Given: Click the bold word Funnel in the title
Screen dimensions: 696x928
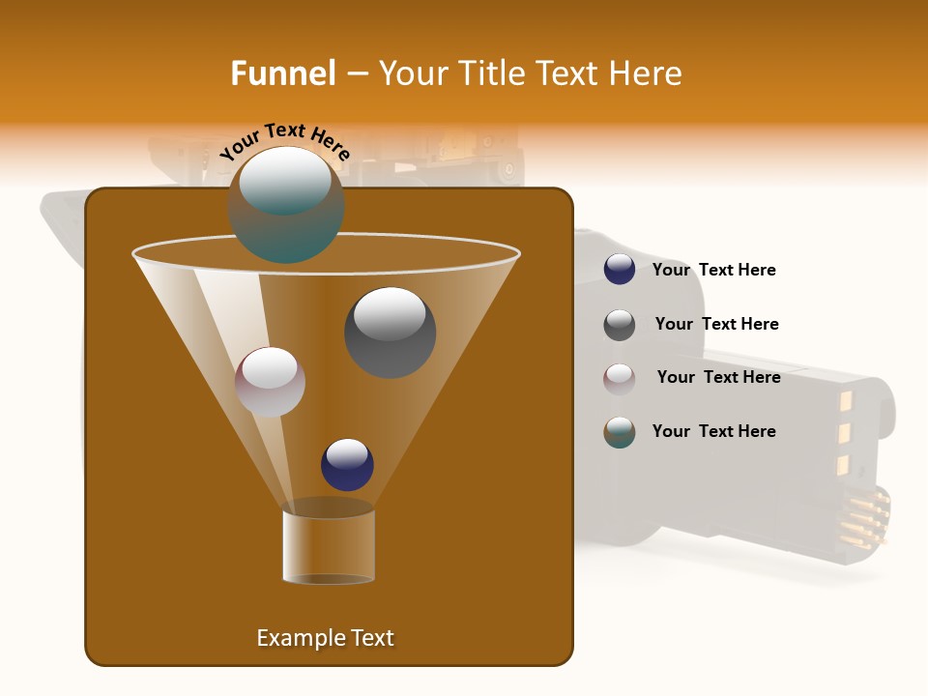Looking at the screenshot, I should [282, 73].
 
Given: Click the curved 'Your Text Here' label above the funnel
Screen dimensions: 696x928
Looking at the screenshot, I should [285, 141].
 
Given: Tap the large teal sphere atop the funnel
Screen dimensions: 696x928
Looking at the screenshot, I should [285, 204].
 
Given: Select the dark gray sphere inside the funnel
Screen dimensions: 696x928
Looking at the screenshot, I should [390, 332].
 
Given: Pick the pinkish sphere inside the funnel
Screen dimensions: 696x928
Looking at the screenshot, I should [270, 382].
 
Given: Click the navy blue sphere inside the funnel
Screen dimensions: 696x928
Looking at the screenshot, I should [347, 464].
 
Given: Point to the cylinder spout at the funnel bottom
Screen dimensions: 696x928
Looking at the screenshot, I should [329, 544].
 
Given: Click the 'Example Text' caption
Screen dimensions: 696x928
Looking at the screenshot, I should [325, 638].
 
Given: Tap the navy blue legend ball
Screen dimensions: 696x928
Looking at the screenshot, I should [620, 270].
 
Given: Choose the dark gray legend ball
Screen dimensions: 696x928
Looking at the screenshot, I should [620, 325].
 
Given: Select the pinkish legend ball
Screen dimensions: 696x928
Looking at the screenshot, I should [620, 378].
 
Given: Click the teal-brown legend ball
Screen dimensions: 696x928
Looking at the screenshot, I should [620, 432].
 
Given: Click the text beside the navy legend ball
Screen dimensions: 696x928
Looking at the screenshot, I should [713, 270].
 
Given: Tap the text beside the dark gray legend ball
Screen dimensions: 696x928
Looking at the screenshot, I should [716, 324].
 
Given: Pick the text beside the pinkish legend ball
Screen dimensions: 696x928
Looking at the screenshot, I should [718, 377].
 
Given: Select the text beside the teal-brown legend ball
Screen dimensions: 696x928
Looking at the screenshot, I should [713, 431].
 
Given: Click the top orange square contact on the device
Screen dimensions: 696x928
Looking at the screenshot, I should [843, 398].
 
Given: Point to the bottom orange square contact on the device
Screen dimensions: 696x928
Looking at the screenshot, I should [842, 465].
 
